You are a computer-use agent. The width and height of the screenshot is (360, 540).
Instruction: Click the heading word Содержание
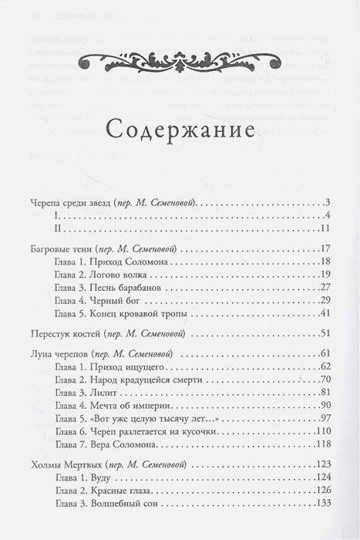click(x=180, y=127)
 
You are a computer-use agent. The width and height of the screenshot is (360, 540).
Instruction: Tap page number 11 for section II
click(x=324, y=229)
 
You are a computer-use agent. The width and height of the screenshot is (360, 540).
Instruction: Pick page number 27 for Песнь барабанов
click(x=325, y=289)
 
